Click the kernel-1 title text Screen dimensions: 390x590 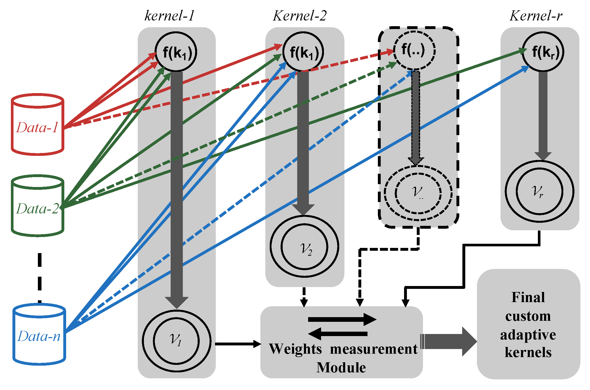coord(169,16)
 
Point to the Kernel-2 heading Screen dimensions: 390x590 coord(300,16)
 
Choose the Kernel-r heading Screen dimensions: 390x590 coord(536,16)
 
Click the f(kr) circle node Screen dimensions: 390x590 coord(543,52)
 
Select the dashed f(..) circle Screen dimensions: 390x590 coord(414,50)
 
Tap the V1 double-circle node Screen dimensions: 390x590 coord(176,341)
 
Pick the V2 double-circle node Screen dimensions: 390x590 coord(304,247)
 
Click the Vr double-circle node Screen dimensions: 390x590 coord(539,191)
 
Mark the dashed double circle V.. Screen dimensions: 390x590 coord(418,193)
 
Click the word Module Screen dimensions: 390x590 coord(341,367)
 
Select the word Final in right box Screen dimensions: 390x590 coord(528,297)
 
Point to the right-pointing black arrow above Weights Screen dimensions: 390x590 coord(342,319)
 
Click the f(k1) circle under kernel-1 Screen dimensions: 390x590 coord(176,52)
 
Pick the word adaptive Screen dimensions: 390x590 coord(528,335)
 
